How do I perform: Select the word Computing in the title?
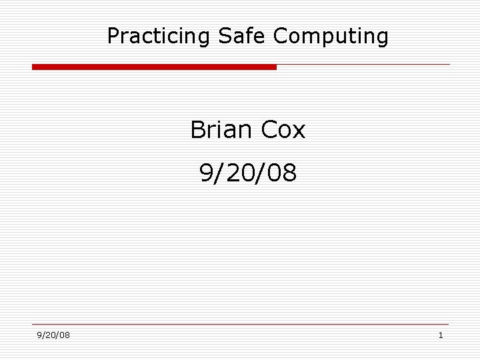331,36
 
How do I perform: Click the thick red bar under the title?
154,67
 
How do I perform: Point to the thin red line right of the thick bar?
363,65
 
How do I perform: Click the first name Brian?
221,130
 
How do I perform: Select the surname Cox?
283,130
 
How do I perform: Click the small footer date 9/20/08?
53,335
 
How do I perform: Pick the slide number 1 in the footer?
441,335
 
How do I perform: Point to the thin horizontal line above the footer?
240,325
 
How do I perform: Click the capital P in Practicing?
113,36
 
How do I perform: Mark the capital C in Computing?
279,36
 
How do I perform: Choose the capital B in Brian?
197,130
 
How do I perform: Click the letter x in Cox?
298,131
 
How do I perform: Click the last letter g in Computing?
382,38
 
